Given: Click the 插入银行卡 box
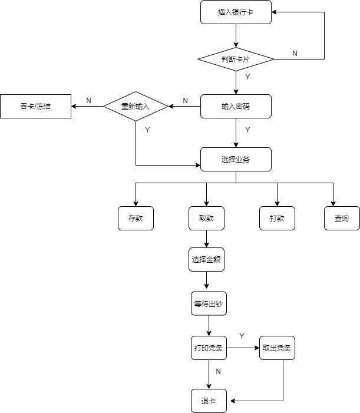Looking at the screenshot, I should [236, 12].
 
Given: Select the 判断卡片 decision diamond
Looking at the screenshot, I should [236, 60].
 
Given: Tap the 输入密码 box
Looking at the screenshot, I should [236, 107].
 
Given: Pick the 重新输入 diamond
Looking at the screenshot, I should [136, 107].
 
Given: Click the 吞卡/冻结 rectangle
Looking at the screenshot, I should [35, 107].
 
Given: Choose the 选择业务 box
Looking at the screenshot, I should [236, 159].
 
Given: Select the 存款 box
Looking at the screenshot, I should [136, 218].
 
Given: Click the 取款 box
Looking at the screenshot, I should [206, 218].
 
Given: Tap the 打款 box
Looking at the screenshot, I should [277, 218].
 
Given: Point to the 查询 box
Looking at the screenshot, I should [342, 218].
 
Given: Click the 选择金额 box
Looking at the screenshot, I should [206, 259].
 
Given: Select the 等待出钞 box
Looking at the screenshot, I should [209, 304].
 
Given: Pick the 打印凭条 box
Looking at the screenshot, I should [208, 348].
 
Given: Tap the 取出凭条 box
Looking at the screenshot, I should [277, 348].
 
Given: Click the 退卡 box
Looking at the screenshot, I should [208, 401].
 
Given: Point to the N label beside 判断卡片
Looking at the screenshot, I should [295, 54].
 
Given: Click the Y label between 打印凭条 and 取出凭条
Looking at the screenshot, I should [242, 336].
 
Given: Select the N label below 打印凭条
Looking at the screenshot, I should [219, 372].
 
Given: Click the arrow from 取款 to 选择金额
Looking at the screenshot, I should [206, 239].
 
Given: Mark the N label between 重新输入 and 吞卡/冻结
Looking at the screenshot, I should [89, 101].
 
